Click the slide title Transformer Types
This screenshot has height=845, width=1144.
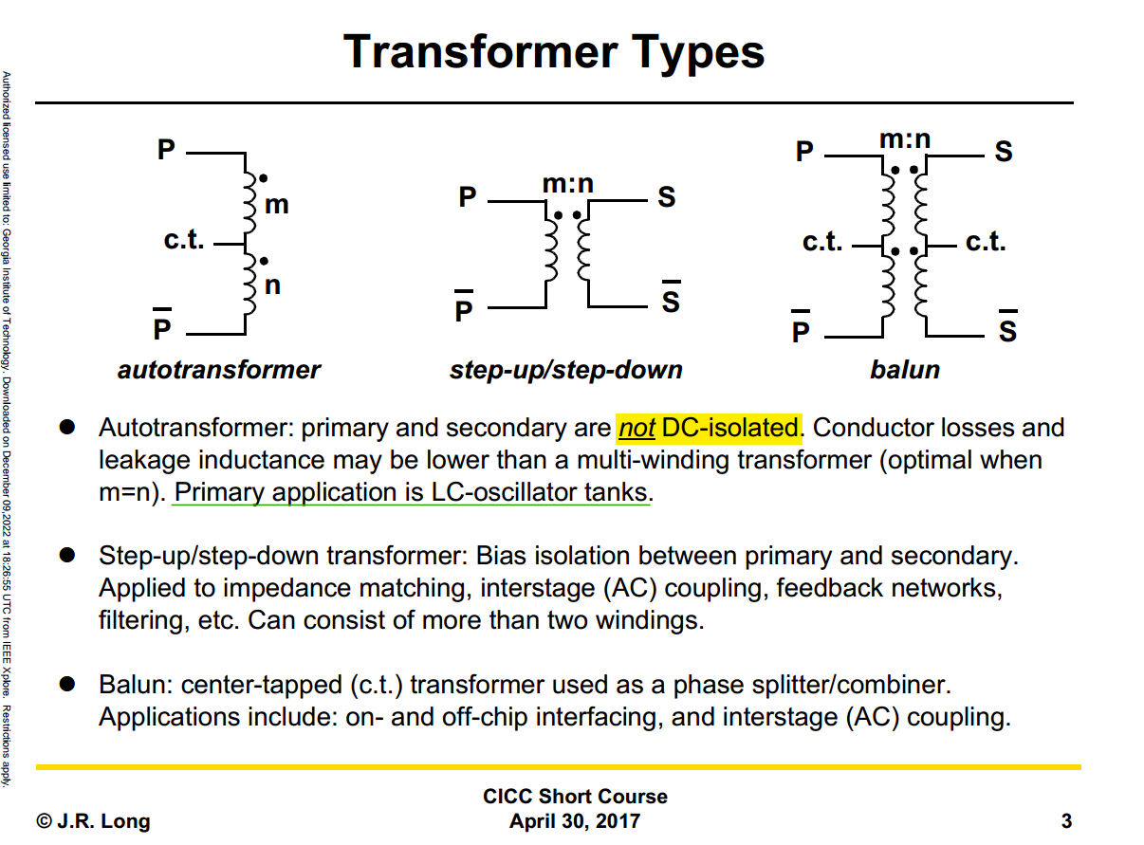(553, 52)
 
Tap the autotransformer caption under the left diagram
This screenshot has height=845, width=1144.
(219, 370)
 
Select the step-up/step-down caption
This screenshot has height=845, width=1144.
(565, 371)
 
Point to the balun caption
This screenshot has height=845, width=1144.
(905, 370)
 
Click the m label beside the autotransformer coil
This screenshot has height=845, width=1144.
(276, 205)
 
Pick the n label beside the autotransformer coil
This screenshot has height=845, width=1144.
(272, 285)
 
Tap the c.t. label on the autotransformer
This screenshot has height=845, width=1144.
(184, 240)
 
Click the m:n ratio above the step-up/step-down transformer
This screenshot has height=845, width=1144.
(568, 184)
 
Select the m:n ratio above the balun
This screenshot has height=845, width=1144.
(905, 139)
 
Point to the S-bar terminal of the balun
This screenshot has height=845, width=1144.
(1007, 327)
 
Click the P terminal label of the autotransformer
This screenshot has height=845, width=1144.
(166, 150)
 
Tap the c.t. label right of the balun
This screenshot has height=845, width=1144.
(986, 242)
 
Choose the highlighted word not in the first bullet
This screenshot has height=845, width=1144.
(637, 428)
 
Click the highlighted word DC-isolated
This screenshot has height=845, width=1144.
(729, 428)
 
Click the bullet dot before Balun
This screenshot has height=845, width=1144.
(67, 684)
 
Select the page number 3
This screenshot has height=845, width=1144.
(1066, 820)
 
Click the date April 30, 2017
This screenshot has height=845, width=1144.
(575, 820)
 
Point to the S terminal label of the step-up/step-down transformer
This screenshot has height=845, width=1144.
(667, 196)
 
